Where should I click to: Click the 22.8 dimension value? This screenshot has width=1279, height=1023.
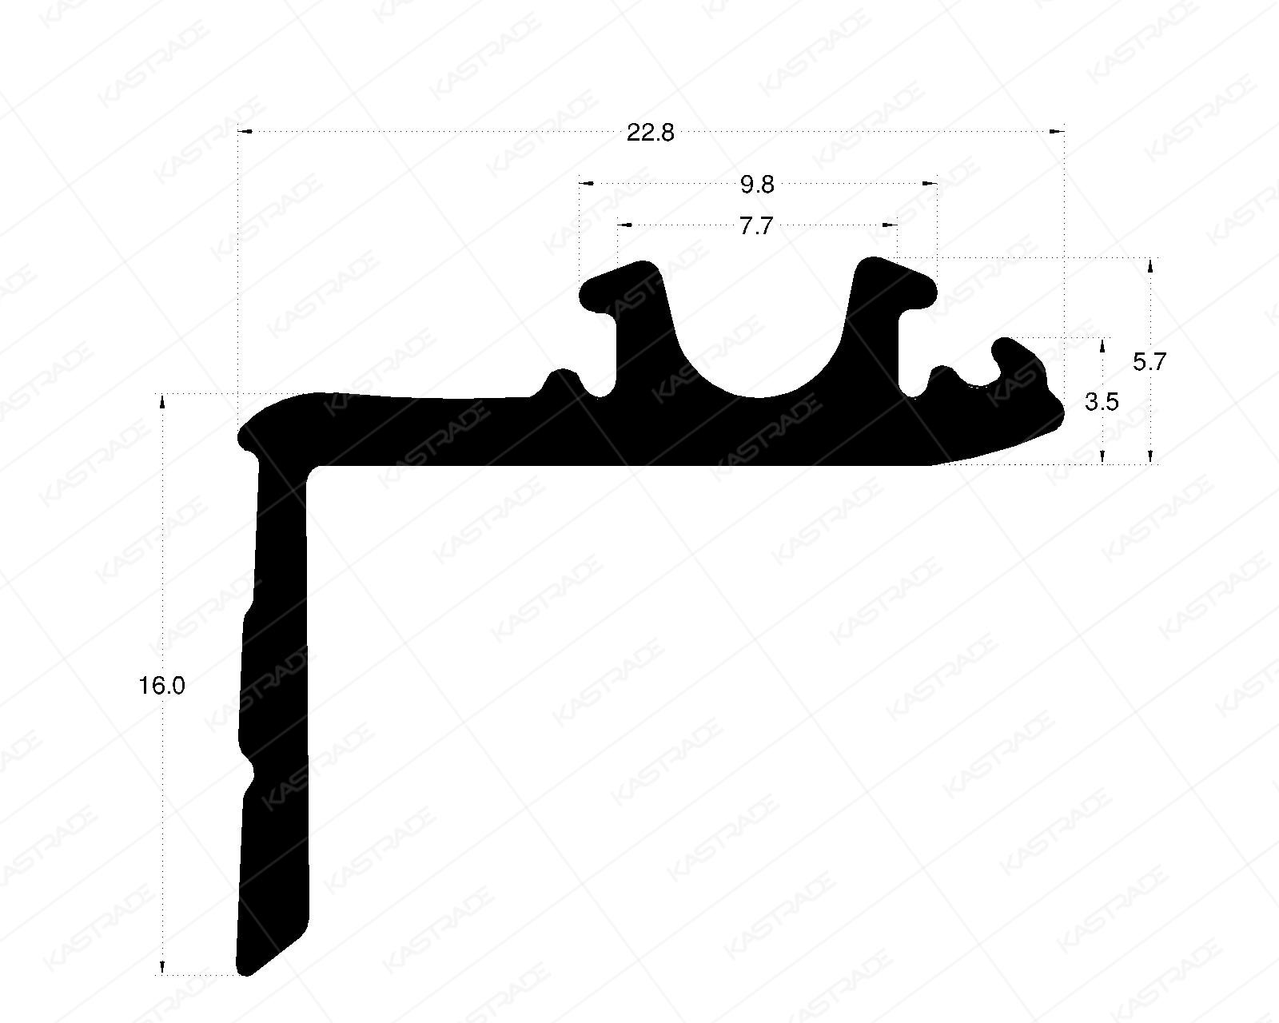(650, 133)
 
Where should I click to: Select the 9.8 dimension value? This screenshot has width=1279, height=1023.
(757, 186)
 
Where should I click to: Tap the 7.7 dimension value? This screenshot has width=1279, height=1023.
(756, 228)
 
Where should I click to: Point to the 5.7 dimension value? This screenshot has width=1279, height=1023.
(1150, 362)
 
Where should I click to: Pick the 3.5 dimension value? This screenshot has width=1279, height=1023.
(1102, 402)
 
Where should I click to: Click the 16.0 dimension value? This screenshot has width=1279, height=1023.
(162, 686)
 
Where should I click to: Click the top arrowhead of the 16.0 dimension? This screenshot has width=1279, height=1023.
(162, 400)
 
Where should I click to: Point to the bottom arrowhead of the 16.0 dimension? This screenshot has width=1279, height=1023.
(162, 968)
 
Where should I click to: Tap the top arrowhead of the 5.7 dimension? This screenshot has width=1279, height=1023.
(1150, 265)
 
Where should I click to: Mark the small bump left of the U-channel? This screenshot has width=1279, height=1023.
(562, 376)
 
